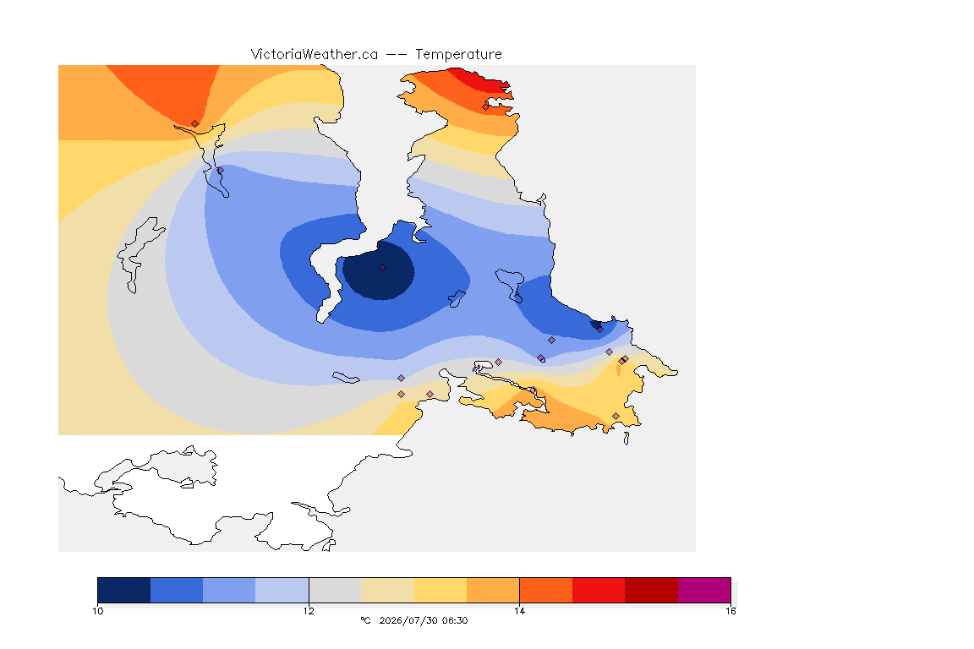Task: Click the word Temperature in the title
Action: pyautogui.click(x=458, y=55)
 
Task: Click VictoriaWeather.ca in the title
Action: pyautogui.click(x=315, y=55)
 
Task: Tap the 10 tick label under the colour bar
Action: pyautogui.click(x=98, y=611)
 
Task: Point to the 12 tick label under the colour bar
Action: pyautogui.click(x=309, y=611)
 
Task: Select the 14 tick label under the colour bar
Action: pyautogui.click(x=519, y=611)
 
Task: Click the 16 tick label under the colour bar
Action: pyautogui.click(x=730, y=611)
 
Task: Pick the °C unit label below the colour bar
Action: pyautogui.click(x=365, y=620)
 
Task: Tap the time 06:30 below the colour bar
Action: pyautogui.click(x=455, y=620)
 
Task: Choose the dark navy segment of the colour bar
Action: pyautogui.click(x=124, y=590)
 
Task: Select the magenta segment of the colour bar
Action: pyautogui.click(x=704, y=590)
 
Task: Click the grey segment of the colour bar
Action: pyautogui.click(x=336, y=590)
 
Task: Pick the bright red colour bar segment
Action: pyautogui.click(x=599, y=590)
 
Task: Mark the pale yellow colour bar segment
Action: pyautogui.click(x=440, y=590)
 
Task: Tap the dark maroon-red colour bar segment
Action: pyautogui.click(x=652, y=590)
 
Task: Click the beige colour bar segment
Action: pyautogui.click(x=387, y=590)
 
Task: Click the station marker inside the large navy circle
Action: pyautogui.click(x=383, y=268)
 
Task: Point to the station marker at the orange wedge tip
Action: pyautogui.click(x=195, y=124)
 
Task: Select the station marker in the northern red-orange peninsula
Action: pyautogui.click(x=486, y=106)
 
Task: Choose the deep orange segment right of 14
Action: pyautogui.click(x=546, y=590)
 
